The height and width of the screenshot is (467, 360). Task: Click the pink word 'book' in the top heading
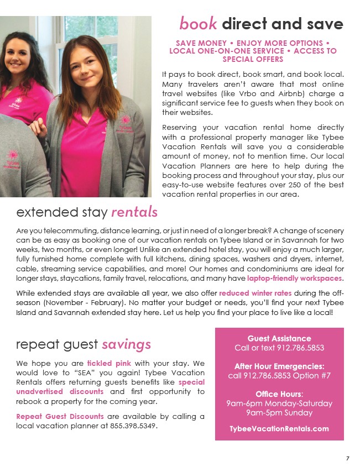coord(198,24)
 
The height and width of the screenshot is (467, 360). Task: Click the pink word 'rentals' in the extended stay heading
coord(134,212)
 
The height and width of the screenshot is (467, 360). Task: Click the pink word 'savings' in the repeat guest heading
coord(126,344)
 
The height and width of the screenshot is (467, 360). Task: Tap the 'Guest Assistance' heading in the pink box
coord(279,338)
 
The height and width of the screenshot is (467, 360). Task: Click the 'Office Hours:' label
coord(279,394)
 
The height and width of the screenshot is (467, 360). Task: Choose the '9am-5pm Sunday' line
coord(279,413)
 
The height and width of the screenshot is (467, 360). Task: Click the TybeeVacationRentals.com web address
coord(279,429)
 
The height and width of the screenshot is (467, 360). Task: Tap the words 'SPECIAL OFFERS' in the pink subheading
coord(253,59)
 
